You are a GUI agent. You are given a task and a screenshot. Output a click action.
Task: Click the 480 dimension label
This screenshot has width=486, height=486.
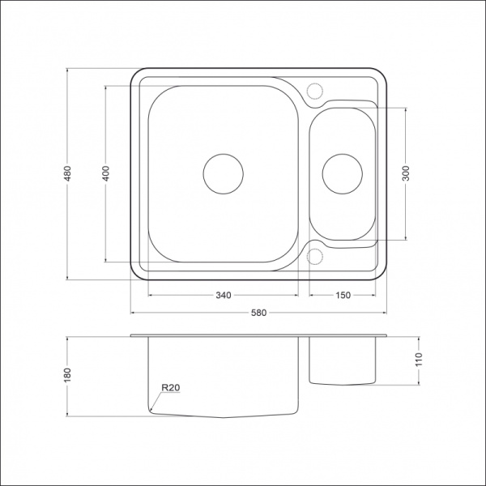(67, 173)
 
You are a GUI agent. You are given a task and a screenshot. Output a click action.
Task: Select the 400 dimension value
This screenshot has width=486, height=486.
(105, 173)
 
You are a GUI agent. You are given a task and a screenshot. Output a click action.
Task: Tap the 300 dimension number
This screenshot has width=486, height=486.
(406, 173)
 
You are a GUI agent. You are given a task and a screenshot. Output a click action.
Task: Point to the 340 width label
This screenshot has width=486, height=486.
(224, 295)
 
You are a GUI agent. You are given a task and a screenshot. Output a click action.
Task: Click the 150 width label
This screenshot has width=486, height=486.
(343, 295)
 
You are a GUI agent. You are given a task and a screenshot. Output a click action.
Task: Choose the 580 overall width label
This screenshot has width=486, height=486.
(258, 313)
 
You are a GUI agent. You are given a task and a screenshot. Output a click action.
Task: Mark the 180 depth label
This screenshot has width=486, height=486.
(67, 375)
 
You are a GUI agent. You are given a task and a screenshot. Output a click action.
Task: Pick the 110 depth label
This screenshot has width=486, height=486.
(419, 360)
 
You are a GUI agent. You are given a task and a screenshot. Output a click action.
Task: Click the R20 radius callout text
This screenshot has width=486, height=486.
(171, 387)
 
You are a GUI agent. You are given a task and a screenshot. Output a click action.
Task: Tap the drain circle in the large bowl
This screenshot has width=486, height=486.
(224, 154)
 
